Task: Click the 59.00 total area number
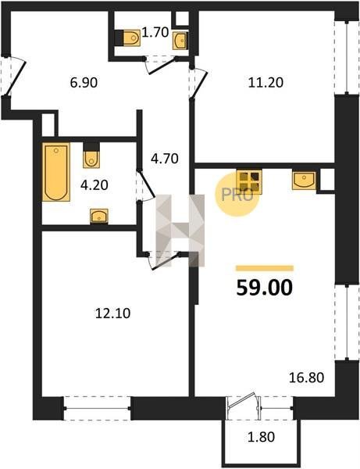(x=265, y=288)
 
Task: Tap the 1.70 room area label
(x=155, y=32)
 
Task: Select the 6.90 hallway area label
(x=84, y=82)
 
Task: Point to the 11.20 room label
(x=266, y=82)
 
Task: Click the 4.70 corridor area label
(x=164, y=158)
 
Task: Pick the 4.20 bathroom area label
(x=94, y=185)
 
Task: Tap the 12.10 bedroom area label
(x=112, y=313)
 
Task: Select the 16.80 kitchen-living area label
(x=306, y=378)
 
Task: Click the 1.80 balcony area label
(x=261, y=437)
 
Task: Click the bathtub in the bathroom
(x=56, y=172)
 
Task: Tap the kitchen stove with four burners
(x=249, y=182)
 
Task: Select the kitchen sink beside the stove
(x=304, y=181)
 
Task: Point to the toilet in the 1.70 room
(x=128, y=38)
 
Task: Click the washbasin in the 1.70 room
(x=180, y=41)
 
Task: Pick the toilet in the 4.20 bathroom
(x=91, y=156)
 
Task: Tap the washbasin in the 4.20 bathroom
(x=99, y=217)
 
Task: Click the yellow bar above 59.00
(x=265, y=268)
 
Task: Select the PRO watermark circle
(x=237, y=195)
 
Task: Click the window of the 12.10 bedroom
(x=97, y=408)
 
